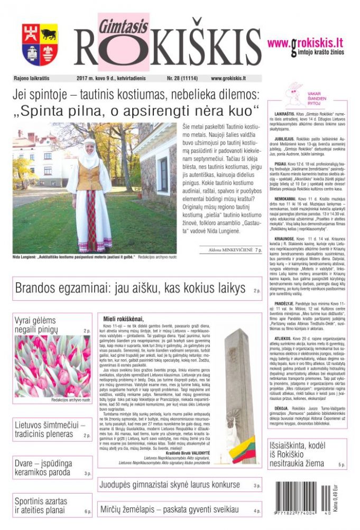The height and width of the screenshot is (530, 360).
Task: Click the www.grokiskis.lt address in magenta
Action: [x=305, y=43]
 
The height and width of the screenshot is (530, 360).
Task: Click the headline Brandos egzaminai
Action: [x=130, y=289]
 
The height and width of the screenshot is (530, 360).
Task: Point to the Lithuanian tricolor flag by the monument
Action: [x=244, y=452]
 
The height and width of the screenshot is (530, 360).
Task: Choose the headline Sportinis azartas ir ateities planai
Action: [x=41, y=505]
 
